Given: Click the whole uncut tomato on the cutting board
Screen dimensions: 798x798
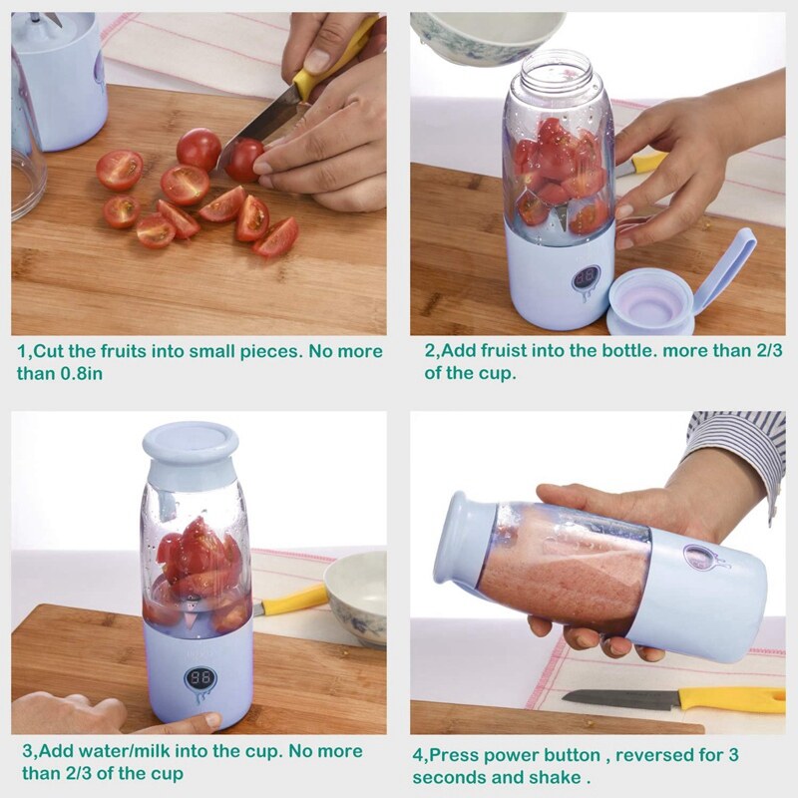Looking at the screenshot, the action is point(199,150).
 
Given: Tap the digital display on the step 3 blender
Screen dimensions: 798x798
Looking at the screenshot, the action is point(200,678).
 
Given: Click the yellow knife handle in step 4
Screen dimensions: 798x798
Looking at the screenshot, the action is point(733,699).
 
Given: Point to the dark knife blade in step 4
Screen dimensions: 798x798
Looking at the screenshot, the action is point(621,699).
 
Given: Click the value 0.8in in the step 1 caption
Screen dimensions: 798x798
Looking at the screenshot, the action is point(82,373).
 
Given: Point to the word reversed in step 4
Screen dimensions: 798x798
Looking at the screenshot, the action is point(659,755).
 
